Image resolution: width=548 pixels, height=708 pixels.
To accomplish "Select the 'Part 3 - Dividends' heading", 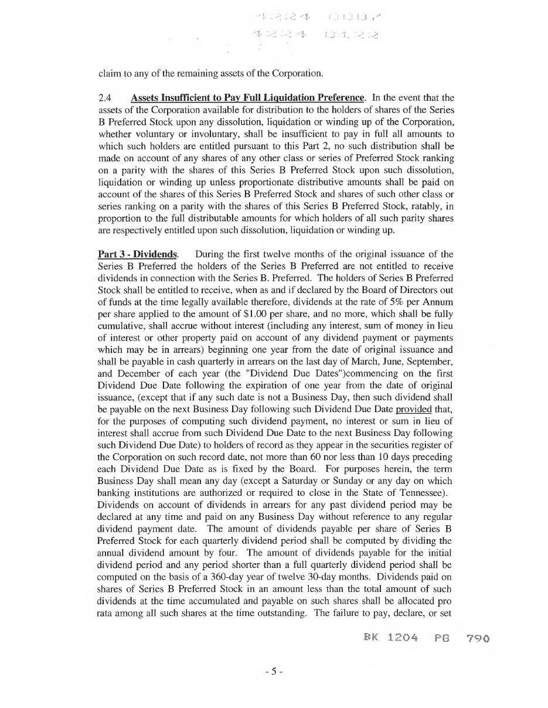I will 138,254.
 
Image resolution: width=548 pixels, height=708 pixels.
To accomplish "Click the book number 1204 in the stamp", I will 403,638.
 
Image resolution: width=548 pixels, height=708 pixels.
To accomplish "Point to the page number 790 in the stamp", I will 478,638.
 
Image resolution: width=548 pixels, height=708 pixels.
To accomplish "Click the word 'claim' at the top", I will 108,73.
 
